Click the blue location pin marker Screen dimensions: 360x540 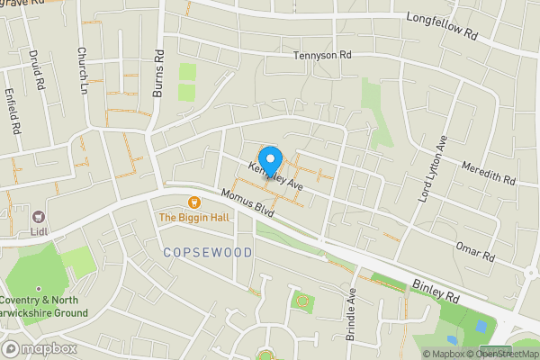[271, 161]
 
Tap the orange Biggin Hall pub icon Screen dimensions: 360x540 [193, 202]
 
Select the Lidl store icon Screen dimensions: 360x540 [39, 217]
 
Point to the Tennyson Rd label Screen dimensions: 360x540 [321, 56]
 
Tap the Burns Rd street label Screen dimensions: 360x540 [159, 67]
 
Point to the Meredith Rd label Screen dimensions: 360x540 [487, 174]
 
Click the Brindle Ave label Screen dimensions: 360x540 [352, 313]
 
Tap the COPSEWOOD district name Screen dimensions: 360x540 [208, 253]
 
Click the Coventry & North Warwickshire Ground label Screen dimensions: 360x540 [44, 306]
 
